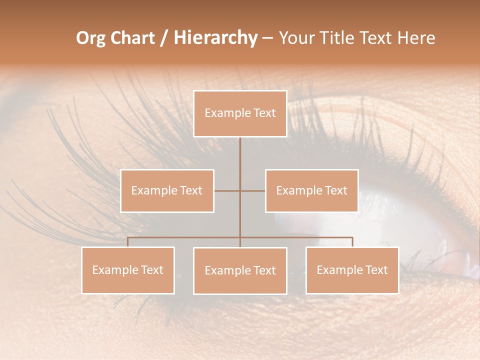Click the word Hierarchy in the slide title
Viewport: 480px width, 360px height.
click(x=215, y=38)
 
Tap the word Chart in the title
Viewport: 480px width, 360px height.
click(x=132, y=38)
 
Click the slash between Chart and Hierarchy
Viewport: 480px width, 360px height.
click(x=164, y=38)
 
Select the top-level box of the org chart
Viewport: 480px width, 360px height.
click(x=240, y=113)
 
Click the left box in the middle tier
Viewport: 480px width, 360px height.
click(x=167, y=190)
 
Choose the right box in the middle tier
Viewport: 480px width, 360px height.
click(x=311, y=190)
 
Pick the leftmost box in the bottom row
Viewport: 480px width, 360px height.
click(x=128, y=270)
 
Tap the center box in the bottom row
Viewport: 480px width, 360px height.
click(x=240, y=270)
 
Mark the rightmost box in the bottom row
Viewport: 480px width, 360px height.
click(x=352, y=270)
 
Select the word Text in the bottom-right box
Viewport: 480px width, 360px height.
click(x=376, y=270)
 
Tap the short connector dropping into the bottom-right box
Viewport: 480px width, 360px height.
click(x=352, y=242)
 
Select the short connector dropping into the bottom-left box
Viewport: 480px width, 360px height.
click(x=128, y=242)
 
